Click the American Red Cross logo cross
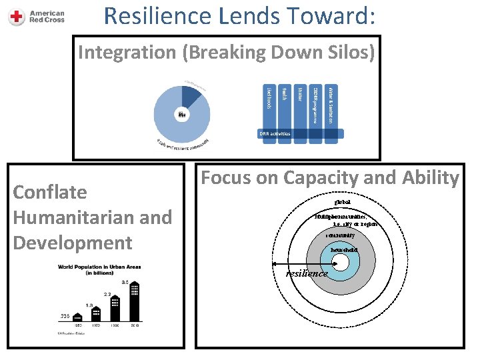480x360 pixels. pos(17,17)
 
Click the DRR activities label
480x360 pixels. pos(275,133)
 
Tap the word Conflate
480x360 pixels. pos(50,193)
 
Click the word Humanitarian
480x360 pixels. pos(63,217)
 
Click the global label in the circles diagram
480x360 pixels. pos(343,201)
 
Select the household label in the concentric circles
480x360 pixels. pos(344,250)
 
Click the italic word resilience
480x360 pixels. pos(307,273)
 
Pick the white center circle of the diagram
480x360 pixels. pos(343,262)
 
